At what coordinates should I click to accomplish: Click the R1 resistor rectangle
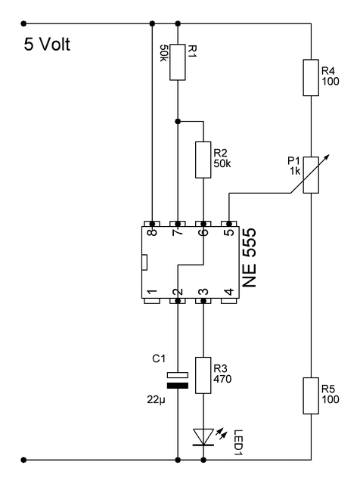coord(178,62)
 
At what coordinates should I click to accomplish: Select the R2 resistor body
coord(203,160)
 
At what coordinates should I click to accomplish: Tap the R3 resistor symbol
coord(203,375)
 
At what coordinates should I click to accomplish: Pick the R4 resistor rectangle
coord(311,78)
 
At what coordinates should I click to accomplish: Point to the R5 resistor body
coord(311,396)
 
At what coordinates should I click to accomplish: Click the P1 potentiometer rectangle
coord(311,175)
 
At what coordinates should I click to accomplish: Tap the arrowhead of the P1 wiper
coord(327,156)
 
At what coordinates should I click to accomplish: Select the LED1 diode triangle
coord(203,437)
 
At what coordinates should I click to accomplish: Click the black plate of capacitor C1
coord(178,386)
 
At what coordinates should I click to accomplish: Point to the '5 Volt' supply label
coord(47,44)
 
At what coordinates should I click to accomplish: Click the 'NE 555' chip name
coord(249,258)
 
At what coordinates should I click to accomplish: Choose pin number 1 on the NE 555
coord(152,292)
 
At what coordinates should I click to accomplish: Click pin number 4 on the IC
coord(229,292)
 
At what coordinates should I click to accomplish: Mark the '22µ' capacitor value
coord(157,400)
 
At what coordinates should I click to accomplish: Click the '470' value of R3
coord(222,379)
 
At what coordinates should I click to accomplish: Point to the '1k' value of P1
coord(295,171)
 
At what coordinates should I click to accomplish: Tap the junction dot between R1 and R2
coord(178,121)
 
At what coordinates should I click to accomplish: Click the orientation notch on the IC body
coord(144,262)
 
